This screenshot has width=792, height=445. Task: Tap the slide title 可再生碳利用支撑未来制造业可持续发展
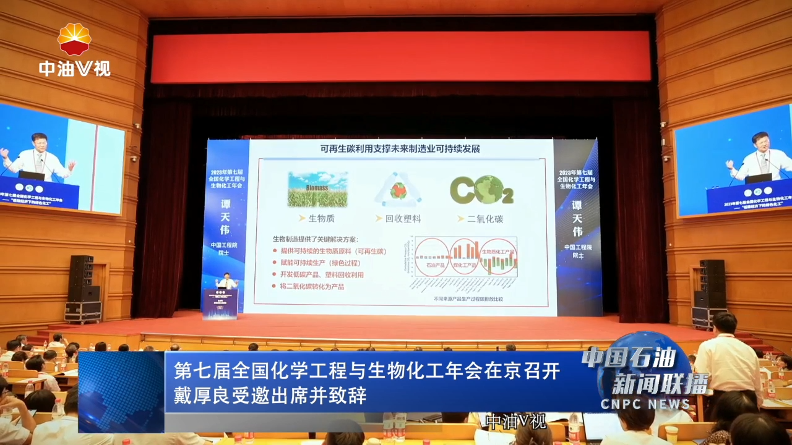pos(400,149)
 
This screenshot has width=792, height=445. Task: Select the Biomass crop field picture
pos(317,189)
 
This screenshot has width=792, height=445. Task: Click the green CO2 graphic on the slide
pos(481,190)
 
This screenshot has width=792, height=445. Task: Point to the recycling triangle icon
pos(398,190)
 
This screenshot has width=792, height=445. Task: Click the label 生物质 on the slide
pos(321,218)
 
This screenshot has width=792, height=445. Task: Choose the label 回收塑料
pos(403,218)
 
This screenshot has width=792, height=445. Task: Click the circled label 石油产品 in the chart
pos(431,265)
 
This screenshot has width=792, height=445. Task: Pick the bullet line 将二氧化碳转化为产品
pos(312,286)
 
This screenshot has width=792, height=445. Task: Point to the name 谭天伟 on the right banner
pos(577,217)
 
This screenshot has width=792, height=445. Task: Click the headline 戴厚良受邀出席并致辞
pos(270,396)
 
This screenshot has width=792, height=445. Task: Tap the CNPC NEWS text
pos(645,404)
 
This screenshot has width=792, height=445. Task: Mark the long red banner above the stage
pos(400,57)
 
